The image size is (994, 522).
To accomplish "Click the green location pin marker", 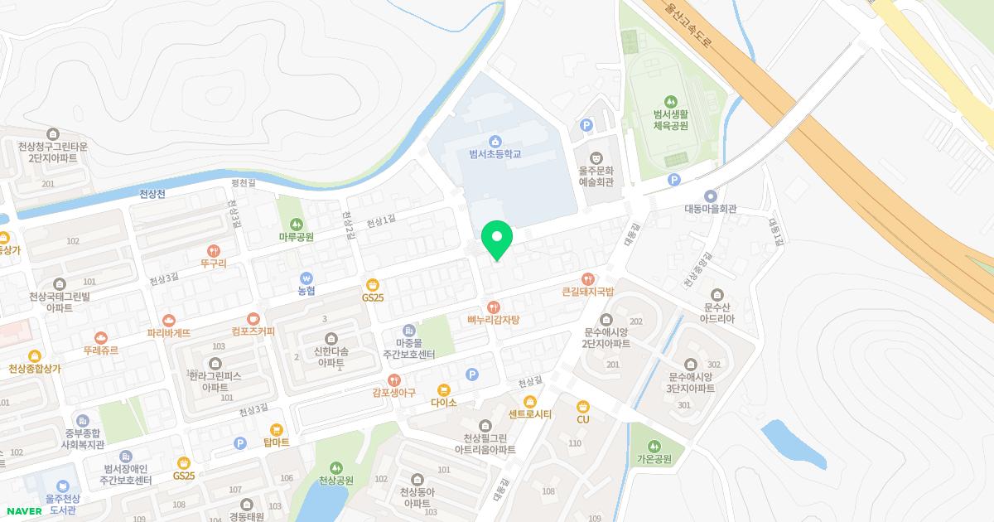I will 497,239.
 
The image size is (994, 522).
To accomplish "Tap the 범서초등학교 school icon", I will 495,140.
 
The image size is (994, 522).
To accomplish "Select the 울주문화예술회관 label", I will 596,176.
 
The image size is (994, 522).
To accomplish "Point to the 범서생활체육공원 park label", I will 671,119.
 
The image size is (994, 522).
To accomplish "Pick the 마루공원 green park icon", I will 296,224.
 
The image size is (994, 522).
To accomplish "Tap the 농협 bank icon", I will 306,278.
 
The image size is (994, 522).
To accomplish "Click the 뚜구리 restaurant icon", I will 214,250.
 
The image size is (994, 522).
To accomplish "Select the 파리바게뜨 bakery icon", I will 169,319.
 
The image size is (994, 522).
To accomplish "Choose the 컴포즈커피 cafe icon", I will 253,318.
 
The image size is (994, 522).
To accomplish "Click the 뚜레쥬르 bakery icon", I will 100,337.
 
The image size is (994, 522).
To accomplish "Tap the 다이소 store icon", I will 443,389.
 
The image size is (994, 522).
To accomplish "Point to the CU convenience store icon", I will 583,406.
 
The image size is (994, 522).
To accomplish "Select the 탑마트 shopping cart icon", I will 276,429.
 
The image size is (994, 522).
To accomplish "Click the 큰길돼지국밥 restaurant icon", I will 587,278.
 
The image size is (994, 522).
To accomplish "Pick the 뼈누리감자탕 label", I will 493,320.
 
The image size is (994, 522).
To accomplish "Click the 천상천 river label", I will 152,194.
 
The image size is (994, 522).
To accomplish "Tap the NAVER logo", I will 24,510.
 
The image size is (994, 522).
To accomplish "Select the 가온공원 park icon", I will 654,446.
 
